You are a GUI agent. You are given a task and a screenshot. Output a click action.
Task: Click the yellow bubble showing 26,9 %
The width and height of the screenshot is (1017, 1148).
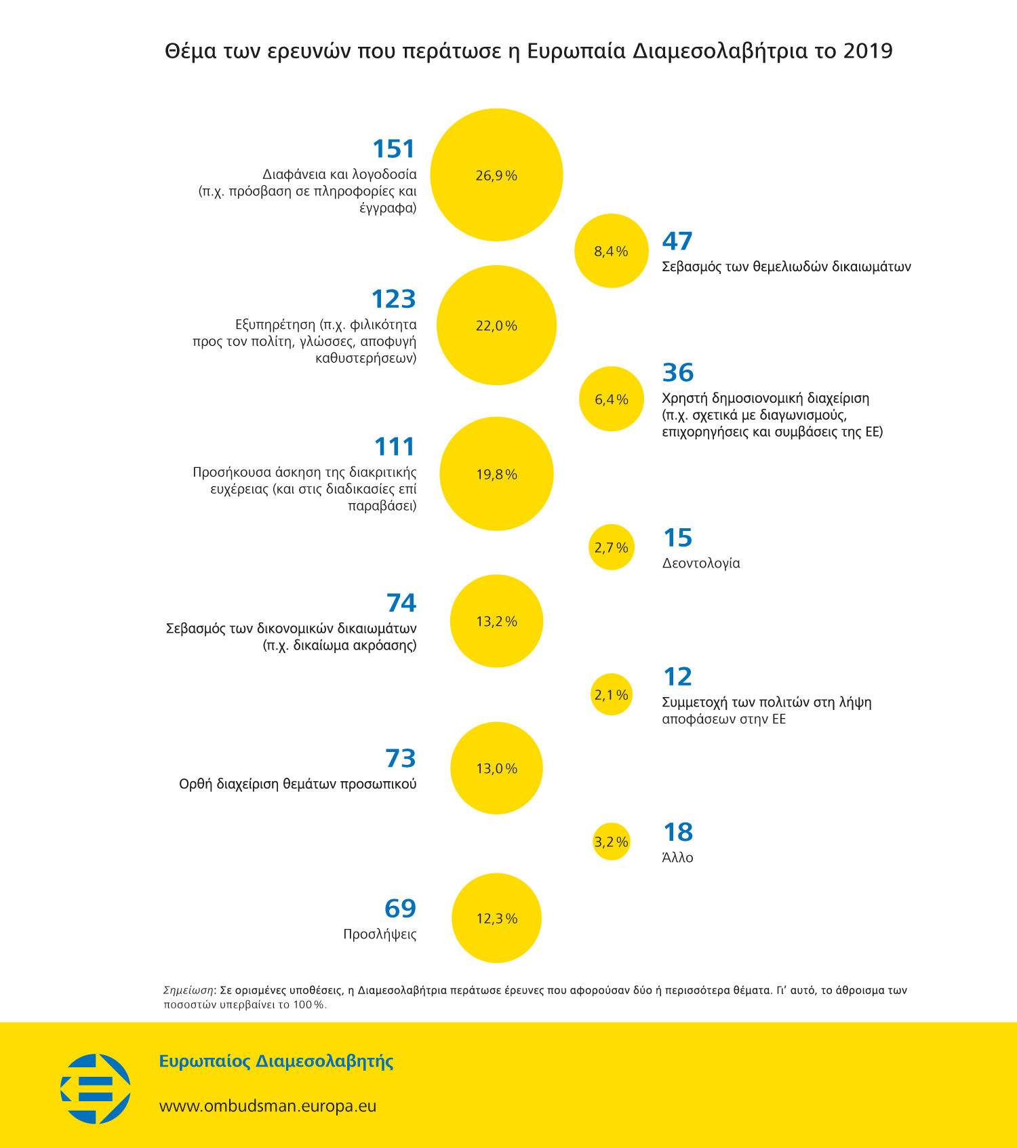pos(496,175)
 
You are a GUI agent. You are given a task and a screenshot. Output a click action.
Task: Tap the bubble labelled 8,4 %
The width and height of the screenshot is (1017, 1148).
pos(612,251)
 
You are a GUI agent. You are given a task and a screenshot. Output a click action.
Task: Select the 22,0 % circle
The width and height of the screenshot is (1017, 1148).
pos(496,325)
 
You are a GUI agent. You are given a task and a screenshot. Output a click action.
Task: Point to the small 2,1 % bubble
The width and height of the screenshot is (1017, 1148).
pos(612,694)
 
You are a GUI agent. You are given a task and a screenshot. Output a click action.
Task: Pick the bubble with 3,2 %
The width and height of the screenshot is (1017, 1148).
pos(612,842)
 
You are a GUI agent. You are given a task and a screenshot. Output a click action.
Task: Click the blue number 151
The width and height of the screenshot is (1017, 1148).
pos(393,149)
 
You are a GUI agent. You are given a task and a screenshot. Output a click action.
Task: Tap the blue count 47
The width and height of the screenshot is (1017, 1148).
pos(677,241)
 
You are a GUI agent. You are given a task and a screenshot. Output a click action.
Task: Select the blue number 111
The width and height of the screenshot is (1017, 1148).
pos(395,447)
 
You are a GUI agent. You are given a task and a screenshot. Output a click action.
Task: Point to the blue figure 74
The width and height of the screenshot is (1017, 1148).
pos(401,603)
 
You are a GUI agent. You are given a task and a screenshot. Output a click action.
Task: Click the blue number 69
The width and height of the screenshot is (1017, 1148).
pos(400,908)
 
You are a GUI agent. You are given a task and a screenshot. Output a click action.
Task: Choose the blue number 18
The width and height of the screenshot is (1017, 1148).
pos(678,832)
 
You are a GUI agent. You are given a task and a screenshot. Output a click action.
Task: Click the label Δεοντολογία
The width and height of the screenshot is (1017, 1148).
pos(701,563)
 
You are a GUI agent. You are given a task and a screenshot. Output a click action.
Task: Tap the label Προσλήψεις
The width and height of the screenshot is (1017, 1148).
pos(380,934)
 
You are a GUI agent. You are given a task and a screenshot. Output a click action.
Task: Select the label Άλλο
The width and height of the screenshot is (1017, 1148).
pos(677,857)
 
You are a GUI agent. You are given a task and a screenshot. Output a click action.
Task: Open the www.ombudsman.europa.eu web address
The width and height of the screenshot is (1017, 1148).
pos(268,1106)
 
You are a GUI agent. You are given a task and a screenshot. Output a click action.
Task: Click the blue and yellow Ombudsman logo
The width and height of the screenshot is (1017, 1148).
pos(96,1089)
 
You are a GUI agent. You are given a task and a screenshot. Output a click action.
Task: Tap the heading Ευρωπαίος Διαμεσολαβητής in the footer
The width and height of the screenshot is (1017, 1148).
pos(277,1061)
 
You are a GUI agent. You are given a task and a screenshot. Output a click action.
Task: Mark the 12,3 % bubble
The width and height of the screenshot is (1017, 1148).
pos(496,918)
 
